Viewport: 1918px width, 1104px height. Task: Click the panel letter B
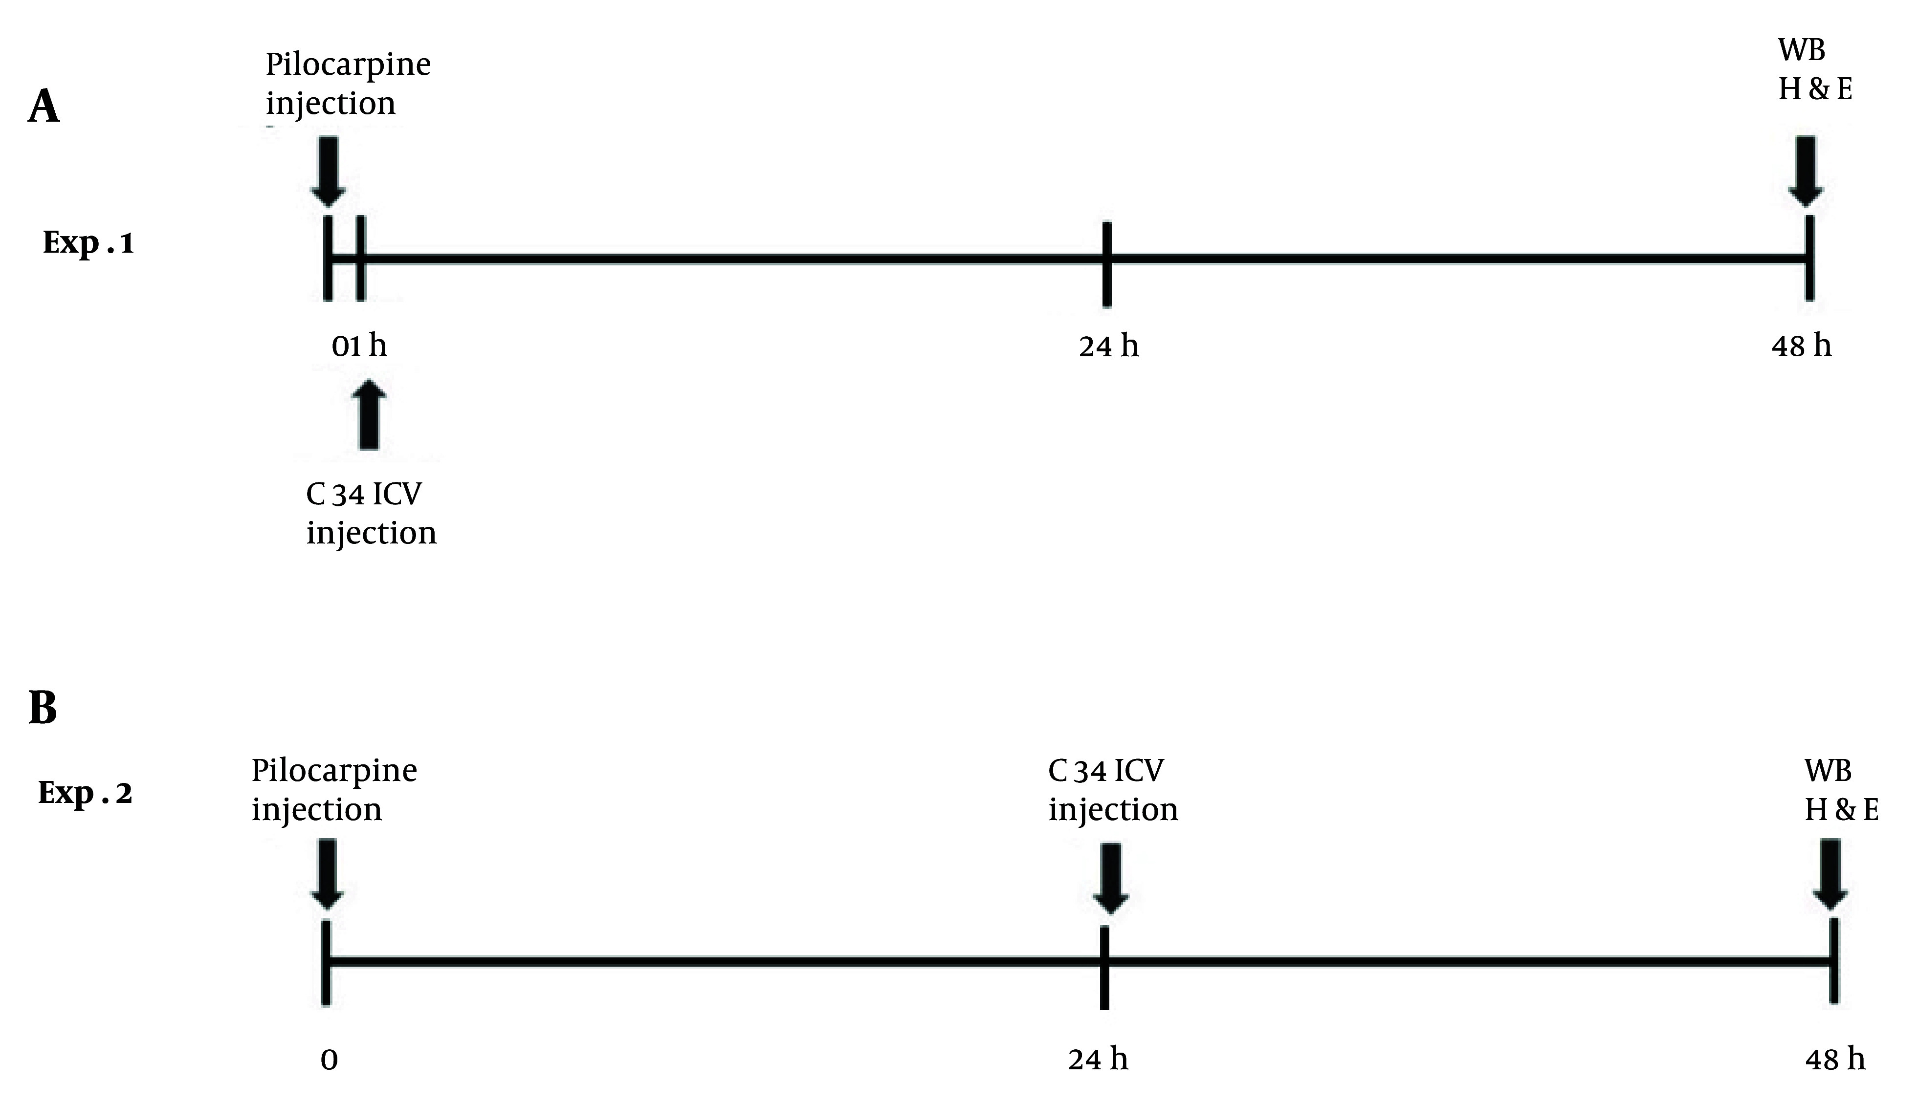click(43, 708)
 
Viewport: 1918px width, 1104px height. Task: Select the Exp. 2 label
click(85, 793)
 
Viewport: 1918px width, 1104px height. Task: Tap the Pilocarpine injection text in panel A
click(347, 84)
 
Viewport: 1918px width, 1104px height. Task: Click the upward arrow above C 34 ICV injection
click(369, 415)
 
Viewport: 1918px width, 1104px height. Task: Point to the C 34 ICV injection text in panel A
click(371, 513)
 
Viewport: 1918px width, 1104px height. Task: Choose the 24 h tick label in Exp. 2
click(1098, 1059)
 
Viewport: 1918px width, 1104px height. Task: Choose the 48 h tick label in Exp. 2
click(1834, 1059)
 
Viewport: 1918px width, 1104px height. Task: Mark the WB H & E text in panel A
click(1814, 70)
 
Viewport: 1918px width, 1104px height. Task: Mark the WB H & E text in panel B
click(1841, 790)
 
